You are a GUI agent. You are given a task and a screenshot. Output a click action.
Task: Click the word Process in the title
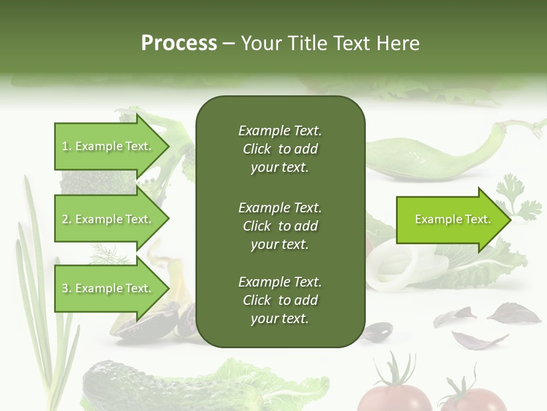[179, 43]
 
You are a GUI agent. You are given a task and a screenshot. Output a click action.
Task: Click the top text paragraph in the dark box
[280, 149]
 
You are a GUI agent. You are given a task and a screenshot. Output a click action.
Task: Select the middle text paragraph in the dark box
[280, 225]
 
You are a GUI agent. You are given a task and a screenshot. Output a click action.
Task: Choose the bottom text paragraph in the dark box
[280, 300]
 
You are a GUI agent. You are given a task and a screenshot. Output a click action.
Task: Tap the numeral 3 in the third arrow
[65, 289]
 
